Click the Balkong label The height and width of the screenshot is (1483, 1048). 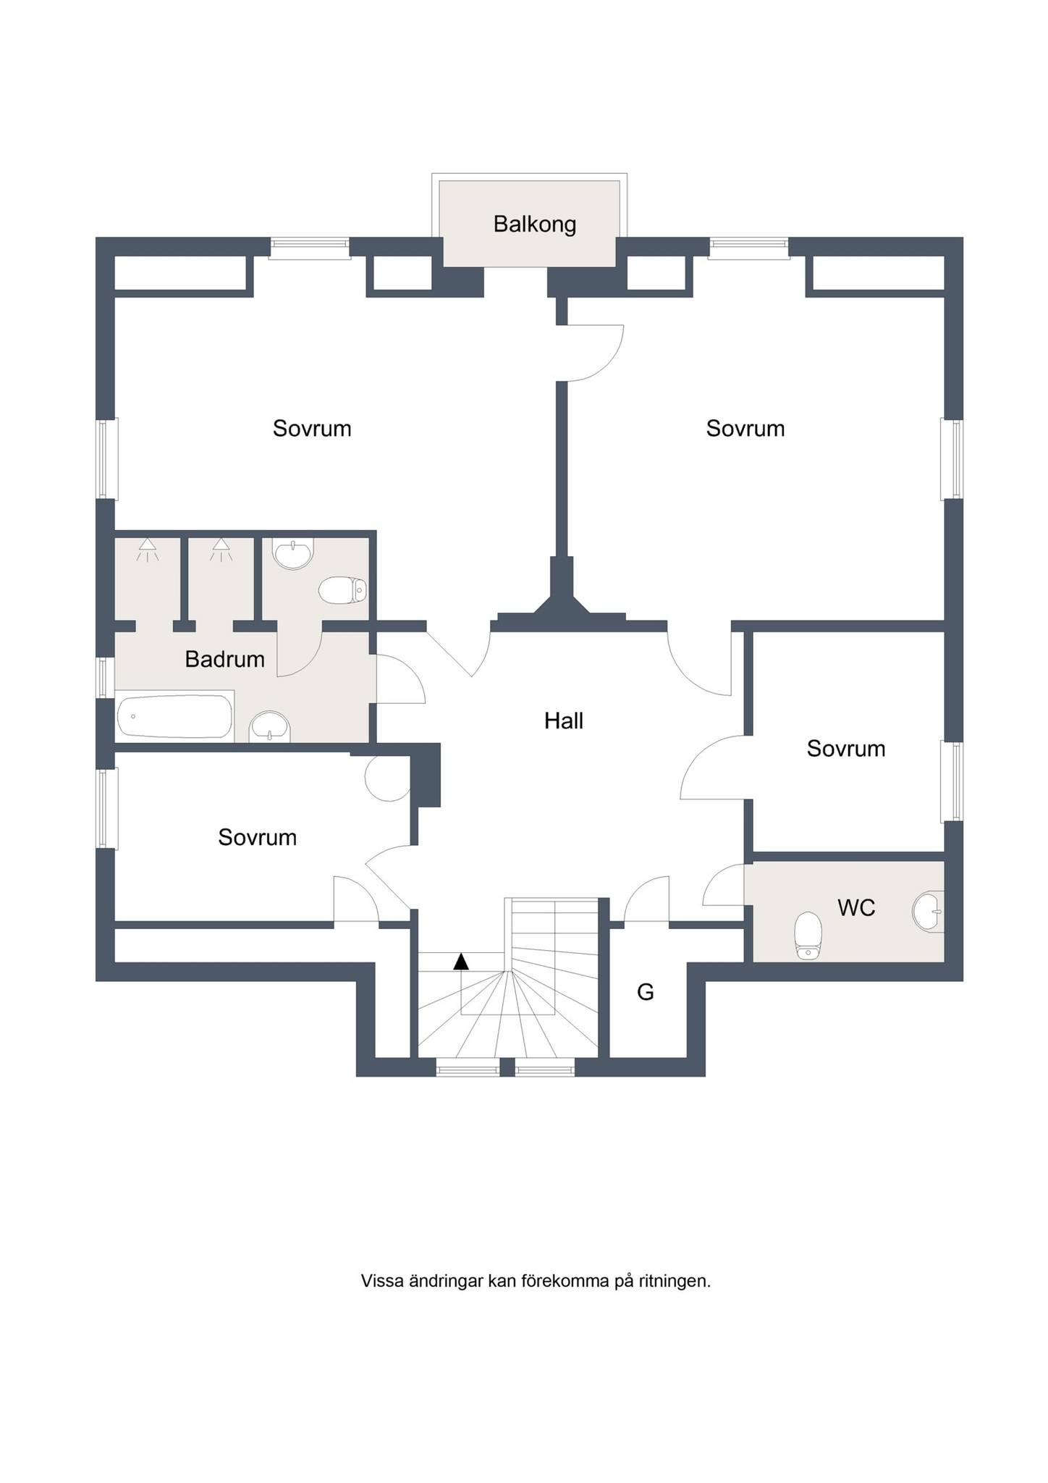click(x=535, y=224)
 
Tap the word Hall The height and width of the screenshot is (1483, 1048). click(x=564, y=721)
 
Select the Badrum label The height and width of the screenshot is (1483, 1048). click(x=225, y=659)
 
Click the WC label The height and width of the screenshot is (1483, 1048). click(x=856, y=907)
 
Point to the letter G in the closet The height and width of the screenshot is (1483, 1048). click(x=646, y=991)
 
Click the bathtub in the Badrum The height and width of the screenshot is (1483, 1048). click(x=175, y=717)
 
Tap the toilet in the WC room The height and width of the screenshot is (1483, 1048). click(x=808, y=936)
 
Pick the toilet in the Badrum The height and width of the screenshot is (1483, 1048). click(x=343, y=589)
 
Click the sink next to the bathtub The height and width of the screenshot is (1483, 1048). click(x=269, y=727)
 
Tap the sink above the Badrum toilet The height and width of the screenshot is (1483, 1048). click(x=292, y=554)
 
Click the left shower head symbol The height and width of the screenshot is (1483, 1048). click(x=148, y=549)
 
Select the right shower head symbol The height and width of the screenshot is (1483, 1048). click(x=221, y=549)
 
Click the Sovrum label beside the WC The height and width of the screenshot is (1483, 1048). click(x=846, y=749)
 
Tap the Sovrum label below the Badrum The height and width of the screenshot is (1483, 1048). click(x=257, y=838)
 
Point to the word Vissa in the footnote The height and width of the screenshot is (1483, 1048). click(x=382, y=1301)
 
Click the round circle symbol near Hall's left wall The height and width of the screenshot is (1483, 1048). click(x=389, y=779)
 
